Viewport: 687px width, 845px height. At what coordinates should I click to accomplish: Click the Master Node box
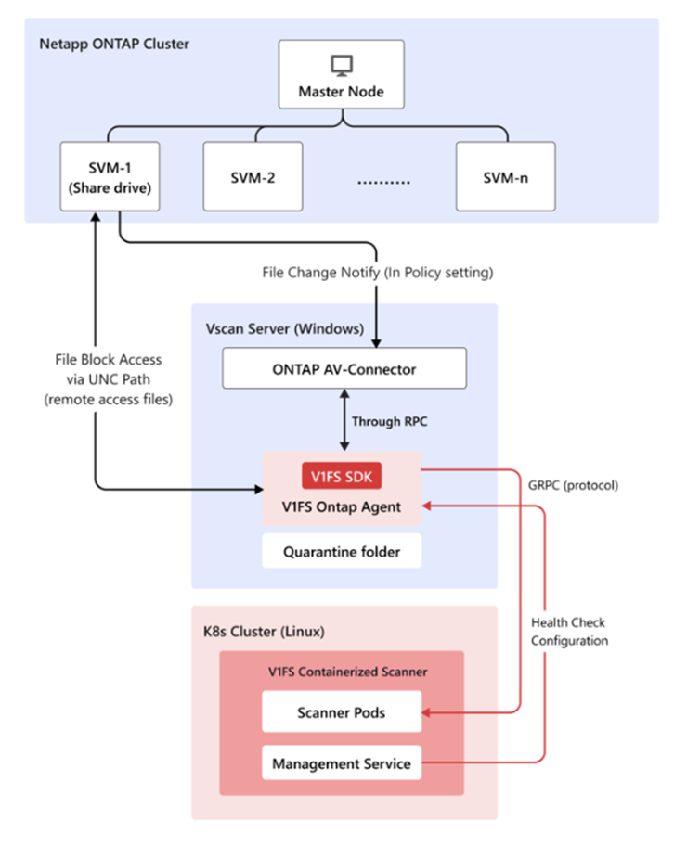[x=342, y=75]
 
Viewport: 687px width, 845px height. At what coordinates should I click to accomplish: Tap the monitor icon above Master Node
[x=342, y=65]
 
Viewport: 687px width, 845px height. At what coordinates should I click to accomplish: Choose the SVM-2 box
[x=252, y=176]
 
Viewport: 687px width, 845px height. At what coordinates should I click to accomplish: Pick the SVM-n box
[x=505, y=176]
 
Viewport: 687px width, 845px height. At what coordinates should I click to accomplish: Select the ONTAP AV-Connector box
[x=343, y=369]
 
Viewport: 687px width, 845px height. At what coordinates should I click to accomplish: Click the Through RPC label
[x=390, y=421]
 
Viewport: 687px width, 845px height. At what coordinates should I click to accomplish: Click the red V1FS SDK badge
[x=342, y=476]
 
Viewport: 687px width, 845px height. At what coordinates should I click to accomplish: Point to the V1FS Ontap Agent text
[x=342, y=506]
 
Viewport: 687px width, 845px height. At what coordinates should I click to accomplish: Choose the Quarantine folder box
[x=342, y=551]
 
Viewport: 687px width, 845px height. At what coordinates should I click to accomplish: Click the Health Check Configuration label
[x=569, y=631]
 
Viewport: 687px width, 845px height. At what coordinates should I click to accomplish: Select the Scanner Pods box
[x=342, y=712]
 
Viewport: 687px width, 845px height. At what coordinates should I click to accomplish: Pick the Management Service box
[x=342, y=764]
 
